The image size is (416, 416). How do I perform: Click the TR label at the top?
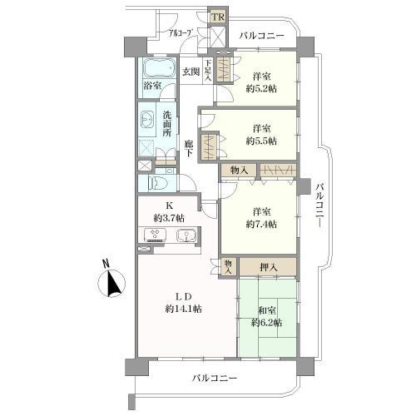218,17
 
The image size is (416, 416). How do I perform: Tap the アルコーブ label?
181,34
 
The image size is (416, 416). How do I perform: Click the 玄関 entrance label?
191,72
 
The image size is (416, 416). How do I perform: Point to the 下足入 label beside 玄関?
208,72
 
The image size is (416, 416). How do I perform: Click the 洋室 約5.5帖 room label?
265,135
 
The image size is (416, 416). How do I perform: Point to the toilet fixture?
158,182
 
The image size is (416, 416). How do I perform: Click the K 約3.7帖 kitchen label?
169,212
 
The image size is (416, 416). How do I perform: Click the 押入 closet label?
267,267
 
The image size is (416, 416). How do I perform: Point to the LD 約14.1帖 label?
184,301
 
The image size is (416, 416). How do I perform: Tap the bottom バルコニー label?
213,378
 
